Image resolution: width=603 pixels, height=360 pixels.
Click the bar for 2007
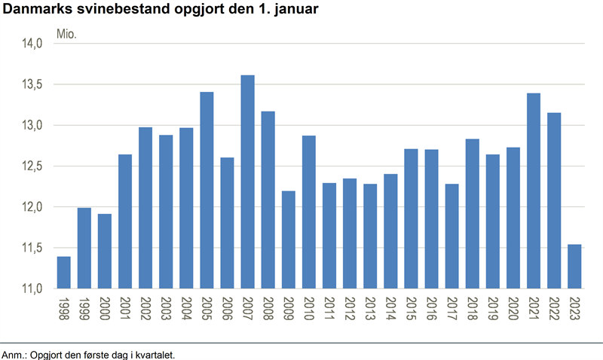247,182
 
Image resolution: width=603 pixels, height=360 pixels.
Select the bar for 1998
63,272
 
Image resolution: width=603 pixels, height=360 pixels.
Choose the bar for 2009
289,239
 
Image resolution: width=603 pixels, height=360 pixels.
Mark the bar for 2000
105,251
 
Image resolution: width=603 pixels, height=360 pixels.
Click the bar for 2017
451,236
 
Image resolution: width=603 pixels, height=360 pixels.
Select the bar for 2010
309,212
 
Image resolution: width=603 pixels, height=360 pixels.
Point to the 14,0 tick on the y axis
30,44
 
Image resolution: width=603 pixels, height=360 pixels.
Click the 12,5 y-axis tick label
30,166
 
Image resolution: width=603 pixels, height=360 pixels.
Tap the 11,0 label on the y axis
30,288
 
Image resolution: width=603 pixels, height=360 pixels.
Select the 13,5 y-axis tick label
30,84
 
